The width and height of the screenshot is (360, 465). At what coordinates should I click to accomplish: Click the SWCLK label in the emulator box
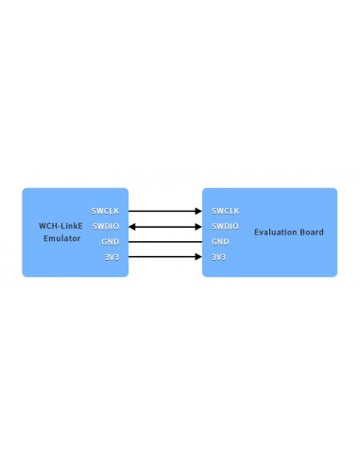[105, 210]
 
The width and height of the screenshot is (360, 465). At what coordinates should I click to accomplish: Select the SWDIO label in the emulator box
[105, 226]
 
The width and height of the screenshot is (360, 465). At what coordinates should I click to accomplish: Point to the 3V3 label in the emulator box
[111, 257]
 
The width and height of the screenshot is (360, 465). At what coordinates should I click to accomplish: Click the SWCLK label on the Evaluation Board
[226, 210]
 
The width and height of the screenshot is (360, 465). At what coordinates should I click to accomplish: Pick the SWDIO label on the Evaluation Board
[225, 226]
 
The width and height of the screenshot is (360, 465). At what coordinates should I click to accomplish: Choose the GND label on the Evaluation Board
[220, 241]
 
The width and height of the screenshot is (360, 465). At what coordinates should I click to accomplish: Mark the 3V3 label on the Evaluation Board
[219, 257]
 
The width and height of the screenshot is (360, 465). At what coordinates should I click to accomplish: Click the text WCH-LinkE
[61, 226]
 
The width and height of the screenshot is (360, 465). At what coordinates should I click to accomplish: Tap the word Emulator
[61, 238]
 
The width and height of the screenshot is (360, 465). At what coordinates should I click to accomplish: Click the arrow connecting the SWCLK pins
[165, 210]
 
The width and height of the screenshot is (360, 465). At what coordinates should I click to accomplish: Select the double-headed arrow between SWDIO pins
[165, 226]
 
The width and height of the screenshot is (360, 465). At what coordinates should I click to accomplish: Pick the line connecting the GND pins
[165, 241]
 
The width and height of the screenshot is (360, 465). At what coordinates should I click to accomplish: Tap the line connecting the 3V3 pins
[165, 257]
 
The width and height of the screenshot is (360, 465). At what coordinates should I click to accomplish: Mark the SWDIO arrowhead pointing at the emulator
[132, 226]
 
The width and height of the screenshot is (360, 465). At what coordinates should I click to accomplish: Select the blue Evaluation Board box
[283, 260]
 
